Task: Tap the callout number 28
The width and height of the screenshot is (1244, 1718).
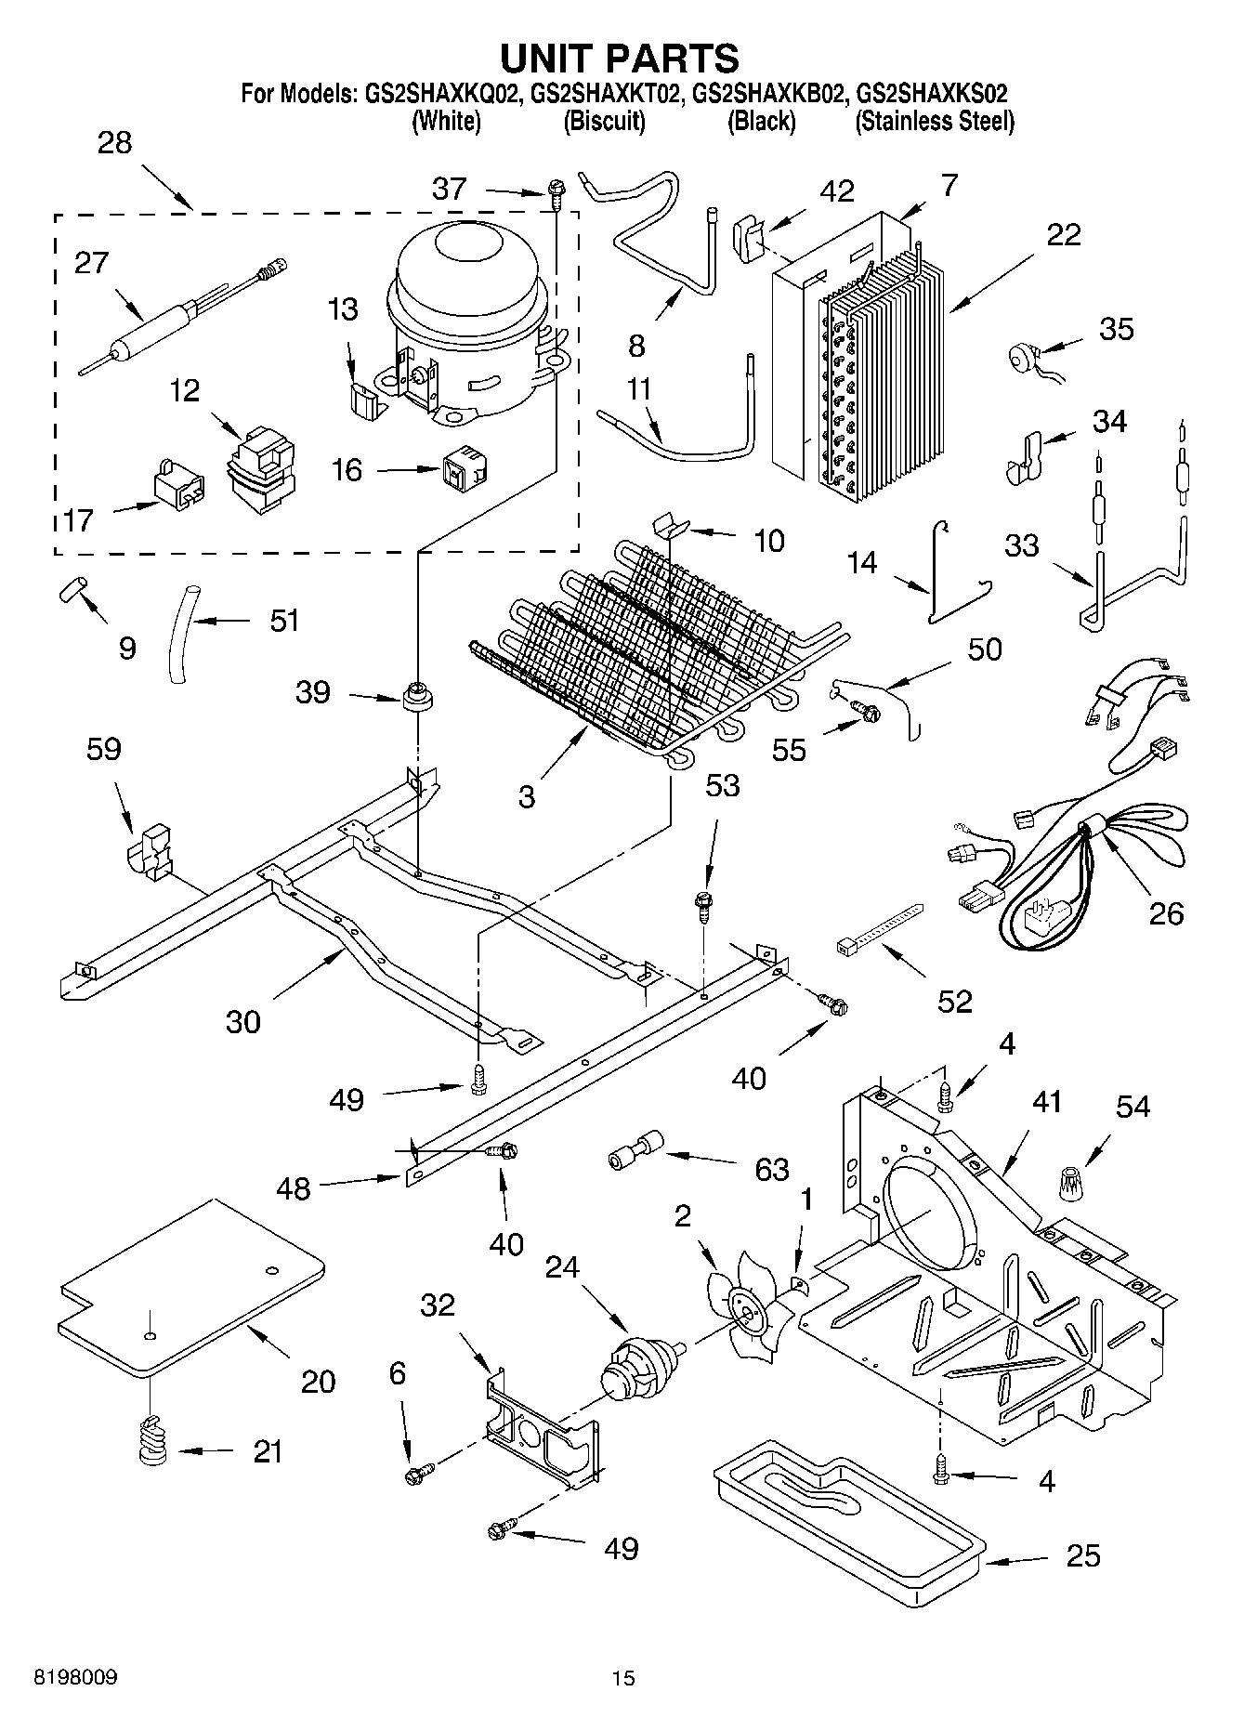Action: (114, 143)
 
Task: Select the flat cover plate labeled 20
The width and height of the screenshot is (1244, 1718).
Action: (190, 1287)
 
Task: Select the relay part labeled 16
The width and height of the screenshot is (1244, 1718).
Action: (465, 468)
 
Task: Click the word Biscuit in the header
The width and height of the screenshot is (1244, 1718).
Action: (604, 122)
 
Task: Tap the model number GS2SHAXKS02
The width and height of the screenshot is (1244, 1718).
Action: (932, 95)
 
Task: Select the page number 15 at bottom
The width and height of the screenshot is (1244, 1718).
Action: (622, 1678)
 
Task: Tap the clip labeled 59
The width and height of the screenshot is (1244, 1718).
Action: (149, 847)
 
